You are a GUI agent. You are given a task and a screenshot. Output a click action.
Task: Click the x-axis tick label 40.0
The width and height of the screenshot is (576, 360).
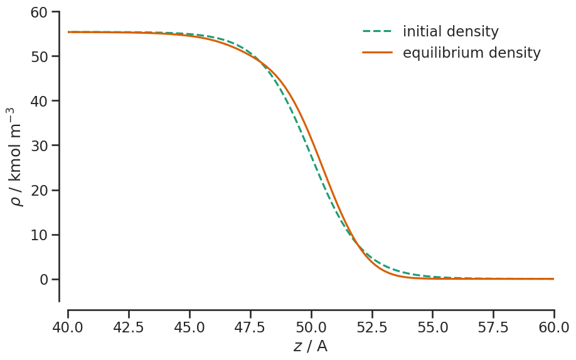tap(68, 327)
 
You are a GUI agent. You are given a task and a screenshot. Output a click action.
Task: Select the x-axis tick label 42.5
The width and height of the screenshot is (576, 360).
tap(129, 327)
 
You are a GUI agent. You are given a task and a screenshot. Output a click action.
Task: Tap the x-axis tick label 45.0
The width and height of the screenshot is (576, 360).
tap(189, 327)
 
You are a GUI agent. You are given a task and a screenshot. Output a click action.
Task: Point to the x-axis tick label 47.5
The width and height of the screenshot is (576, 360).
tap(250, 327)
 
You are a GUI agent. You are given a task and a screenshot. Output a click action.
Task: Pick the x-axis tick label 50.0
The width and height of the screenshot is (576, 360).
tap(311, 327)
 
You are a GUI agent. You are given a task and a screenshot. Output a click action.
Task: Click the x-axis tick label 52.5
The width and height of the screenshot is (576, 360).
tap(372, 327)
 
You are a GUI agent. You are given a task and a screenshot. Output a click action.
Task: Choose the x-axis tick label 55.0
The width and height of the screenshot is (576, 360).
tap(433, 327)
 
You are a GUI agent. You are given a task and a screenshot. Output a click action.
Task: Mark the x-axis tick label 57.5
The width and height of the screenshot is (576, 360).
tap(494, 327)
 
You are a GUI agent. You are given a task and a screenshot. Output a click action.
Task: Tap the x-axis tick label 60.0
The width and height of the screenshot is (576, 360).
tap(554, 327)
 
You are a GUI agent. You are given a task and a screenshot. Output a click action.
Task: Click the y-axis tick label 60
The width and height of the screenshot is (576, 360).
tap(40, 12)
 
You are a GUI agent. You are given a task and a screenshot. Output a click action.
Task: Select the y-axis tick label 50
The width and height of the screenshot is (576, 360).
tap(40, 56)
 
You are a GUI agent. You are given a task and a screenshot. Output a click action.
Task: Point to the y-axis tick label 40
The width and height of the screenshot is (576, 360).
tap(40, 101)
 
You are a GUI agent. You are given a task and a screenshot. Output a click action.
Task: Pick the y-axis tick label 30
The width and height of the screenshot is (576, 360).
tap(40, 146)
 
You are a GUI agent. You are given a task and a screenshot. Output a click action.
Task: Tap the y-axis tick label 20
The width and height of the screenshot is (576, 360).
tap(40, 190)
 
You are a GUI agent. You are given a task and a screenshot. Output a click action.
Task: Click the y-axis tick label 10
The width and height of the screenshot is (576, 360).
tap(40, 235)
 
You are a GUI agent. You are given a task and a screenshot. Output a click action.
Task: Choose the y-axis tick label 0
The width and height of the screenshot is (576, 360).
tap(44, 279)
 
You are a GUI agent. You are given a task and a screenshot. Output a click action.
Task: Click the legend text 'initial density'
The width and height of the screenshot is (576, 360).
tap(451, 31)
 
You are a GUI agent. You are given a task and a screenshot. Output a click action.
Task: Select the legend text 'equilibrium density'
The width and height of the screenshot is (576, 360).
tap(471, 53)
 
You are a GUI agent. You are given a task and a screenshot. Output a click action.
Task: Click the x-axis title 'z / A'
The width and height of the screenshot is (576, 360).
tap(310, 346)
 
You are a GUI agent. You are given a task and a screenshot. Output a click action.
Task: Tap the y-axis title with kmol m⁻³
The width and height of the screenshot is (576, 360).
tap(15, 156)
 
